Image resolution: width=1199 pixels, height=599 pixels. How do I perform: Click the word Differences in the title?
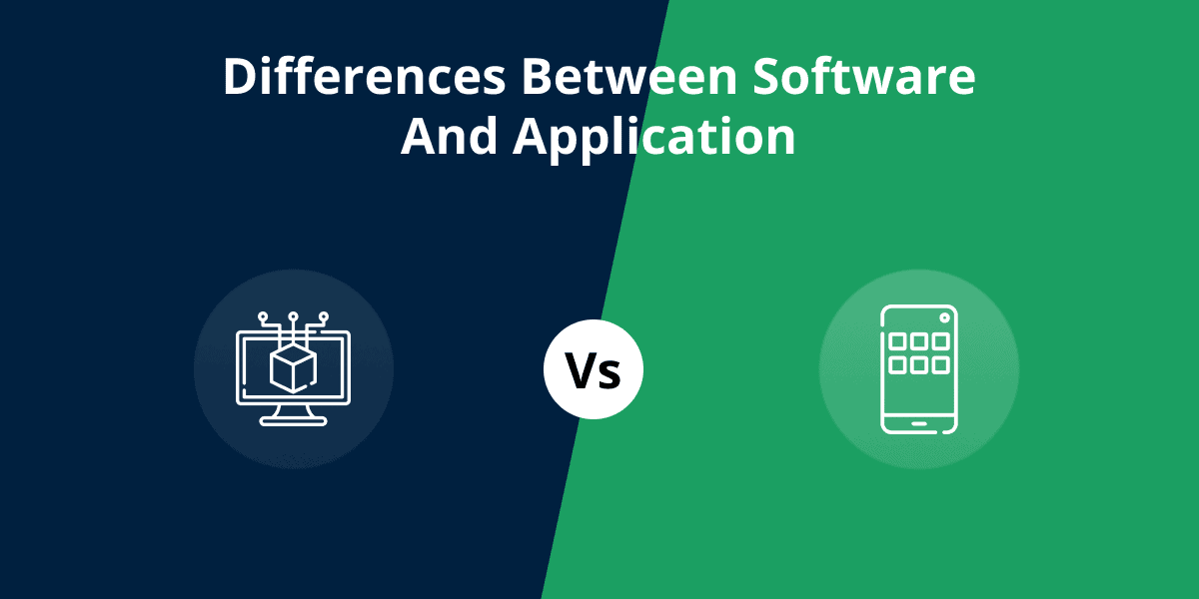coord(365,76)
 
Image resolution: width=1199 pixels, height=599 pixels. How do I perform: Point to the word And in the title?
coord(449,137)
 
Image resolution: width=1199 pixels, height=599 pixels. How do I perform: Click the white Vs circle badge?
coord(594,369)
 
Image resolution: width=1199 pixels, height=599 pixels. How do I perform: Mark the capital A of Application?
coord(532,137)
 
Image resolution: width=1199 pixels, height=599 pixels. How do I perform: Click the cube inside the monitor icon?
coord(293,368)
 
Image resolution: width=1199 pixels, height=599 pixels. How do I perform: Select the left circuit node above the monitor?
coord(263,316)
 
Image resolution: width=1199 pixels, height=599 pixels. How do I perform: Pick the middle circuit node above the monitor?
coord(293,316)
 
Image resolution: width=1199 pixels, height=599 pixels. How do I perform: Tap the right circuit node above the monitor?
coord(324,316)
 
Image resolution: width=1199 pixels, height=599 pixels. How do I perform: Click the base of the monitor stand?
coord(293,422)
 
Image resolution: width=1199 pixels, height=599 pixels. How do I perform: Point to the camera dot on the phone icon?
coord(944,318)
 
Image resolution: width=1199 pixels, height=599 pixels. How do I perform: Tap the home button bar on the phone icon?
coord(919,424)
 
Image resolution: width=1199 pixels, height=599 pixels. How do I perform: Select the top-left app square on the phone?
coord(897,340)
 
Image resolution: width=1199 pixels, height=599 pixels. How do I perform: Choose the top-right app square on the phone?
coord(940,340)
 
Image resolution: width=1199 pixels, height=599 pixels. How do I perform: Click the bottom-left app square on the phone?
coord(897,365)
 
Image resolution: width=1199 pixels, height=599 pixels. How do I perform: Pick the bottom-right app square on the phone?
coord(940,365)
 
